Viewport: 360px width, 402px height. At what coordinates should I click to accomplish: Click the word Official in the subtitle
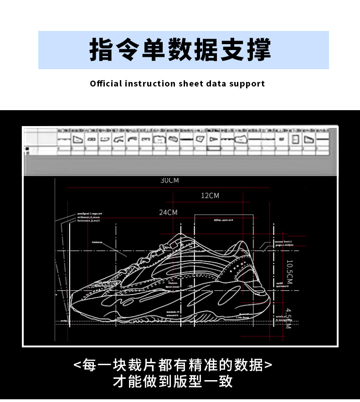(106, 84)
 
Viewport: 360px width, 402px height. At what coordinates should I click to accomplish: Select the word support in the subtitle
(247, 84)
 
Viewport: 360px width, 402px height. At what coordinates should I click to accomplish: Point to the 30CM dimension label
(170, 181)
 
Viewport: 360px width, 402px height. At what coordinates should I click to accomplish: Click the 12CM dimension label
(210, 196)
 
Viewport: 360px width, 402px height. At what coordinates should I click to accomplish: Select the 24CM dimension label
(168, 213)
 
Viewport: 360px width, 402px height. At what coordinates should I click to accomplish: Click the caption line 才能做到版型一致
(173, 381)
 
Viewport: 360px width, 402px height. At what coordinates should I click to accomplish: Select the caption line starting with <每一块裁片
(173, 365)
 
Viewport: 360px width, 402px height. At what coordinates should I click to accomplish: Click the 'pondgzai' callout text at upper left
(90, 214)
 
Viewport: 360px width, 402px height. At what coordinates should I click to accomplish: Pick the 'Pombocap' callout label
(97, 242)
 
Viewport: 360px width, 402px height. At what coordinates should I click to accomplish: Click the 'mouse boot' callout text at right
(283, 241)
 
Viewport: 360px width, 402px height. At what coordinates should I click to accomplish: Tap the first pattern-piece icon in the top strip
(64, 138)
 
